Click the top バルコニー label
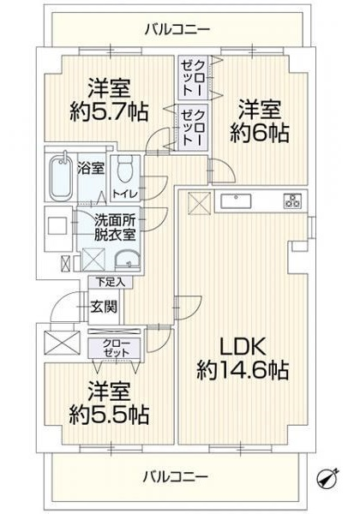point(177,29)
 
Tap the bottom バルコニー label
point(176,476)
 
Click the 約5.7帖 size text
point(109,112)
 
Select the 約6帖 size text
point(260,133)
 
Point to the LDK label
point(243,348)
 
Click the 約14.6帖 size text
point(243,370)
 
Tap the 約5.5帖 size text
point(109,415)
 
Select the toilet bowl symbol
point(124,168)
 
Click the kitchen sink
point(236,201)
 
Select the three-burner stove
point(292,201)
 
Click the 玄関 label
point(104,307)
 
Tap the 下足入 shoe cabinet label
point(111,282)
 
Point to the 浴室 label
point(91,169)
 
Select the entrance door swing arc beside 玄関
point(63,303)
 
